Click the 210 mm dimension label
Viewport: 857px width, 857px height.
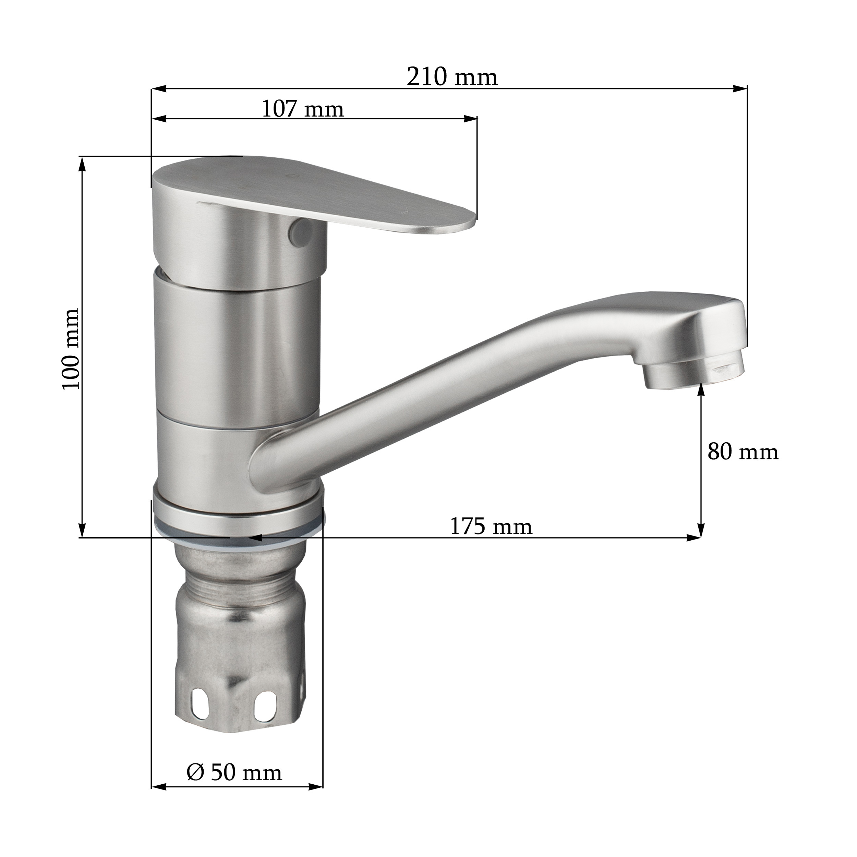(452, 77)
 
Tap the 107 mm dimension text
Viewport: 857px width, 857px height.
(303, 109)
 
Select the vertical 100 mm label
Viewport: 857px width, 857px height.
(71, 349)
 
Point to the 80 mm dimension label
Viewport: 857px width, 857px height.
(743, 452)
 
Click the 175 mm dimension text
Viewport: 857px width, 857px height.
(491, 527)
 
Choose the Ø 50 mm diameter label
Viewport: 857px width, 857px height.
(234, 772)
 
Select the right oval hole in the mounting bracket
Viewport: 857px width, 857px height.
(266, 704)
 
